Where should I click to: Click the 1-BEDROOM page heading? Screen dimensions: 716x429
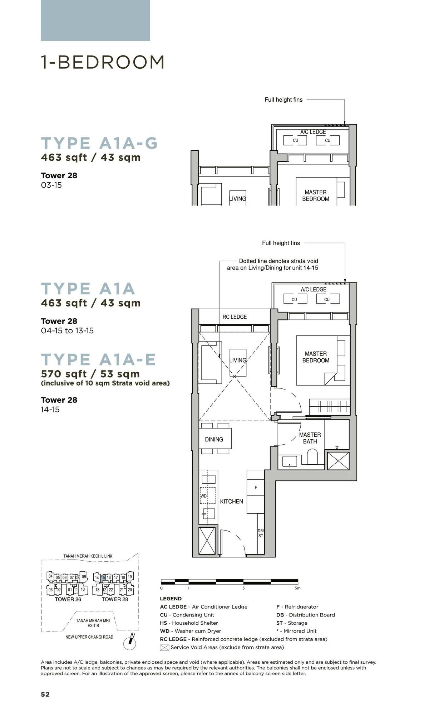click(x=103, y=62)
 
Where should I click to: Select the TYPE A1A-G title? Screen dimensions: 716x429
click(x=99, y=143)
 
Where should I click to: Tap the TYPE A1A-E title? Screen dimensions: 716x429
click(x=98, y=359)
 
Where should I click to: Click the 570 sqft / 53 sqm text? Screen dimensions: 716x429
click(x=90, y=374)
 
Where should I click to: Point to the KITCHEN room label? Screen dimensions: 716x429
click(x=231, y=502)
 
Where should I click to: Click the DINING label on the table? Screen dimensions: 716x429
click(x=214, y=439)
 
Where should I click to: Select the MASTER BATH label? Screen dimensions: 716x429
click(x=310, y=438)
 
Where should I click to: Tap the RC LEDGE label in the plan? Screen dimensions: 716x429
click(x=235, y=317)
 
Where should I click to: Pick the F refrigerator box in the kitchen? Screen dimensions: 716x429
click(x=256, y=488)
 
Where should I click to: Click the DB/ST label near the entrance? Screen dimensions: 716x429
click(x=261, y=533)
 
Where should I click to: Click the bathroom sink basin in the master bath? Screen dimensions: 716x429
click(x=290, y=461)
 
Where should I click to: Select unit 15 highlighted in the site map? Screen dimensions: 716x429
click(x=103, y=577)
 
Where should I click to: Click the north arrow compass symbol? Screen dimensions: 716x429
click(x=130, y=643)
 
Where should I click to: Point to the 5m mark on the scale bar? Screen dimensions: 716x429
click(x=297, y=588)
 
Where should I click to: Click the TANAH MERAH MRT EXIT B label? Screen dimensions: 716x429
click(x=93, y=623)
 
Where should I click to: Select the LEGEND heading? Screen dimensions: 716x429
click(x=171, y=599)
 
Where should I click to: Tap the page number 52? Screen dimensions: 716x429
click(x=45, y=694)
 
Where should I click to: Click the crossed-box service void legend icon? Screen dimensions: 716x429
click(x=164, y=647)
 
